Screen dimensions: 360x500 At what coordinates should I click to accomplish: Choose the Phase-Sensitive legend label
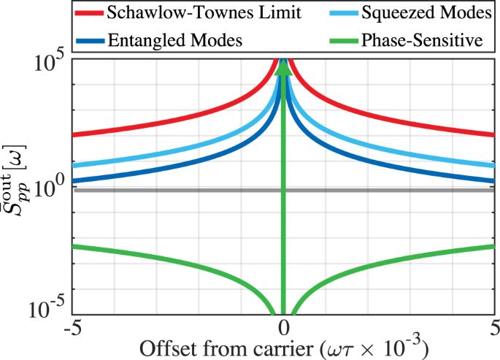click(x=421, y=40)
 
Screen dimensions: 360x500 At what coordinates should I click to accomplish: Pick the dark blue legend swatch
click(x=89, y=40)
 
